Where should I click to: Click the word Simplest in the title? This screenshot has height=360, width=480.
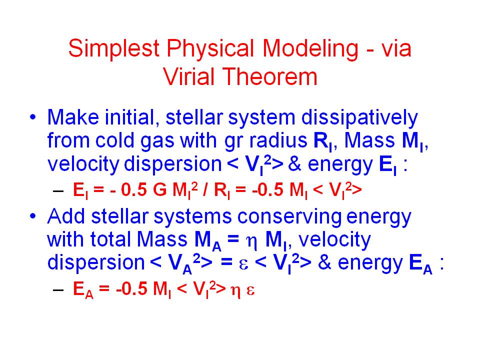[x=114, y=49]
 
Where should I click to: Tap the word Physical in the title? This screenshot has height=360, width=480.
[x=210, y=49]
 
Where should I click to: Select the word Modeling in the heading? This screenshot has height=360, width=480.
[x=310, y=49]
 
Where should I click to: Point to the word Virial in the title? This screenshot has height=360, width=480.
[x=189, y=76]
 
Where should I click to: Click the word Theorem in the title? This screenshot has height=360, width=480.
[x=269, y=76]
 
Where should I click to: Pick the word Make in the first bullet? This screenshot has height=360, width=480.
[x=73, y=117]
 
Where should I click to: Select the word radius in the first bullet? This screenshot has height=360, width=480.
[x=278, y=140]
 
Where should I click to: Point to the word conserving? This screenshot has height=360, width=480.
[x=289, y=216]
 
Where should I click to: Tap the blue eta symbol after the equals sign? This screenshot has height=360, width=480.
[x=251, y=242]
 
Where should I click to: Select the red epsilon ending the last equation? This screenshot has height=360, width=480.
[x=250, y=290]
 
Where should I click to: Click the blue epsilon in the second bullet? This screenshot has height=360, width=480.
[x=243, y=264]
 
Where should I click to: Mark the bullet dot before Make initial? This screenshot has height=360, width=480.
[x=33, y=117]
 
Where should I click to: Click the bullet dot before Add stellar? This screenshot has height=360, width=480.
[x=33, y=216]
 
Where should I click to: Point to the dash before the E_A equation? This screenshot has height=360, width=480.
[x=58, y=289]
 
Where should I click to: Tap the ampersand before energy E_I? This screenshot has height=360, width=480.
[x=295, y=164]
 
